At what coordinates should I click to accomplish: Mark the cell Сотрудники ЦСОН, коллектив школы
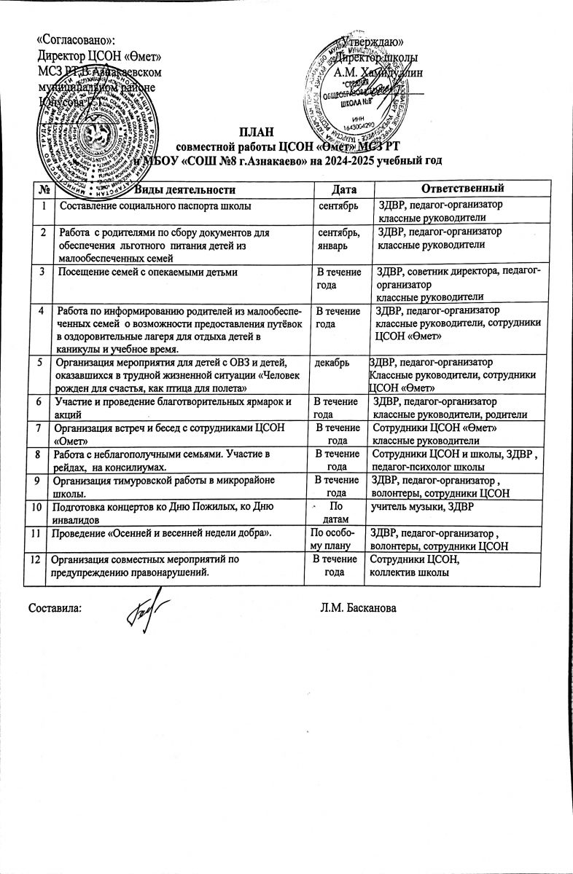click(414, 566)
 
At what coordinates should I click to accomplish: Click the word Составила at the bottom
click(55, 607)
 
